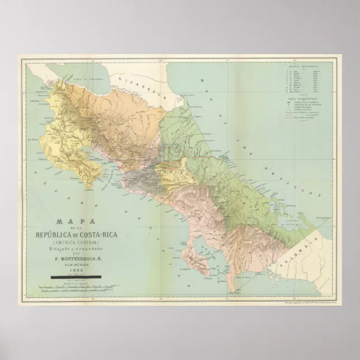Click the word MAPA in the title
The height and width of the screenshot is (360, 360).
click(75, 221)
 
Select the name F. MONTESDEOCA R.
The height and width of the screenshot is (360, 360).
click(75, 258)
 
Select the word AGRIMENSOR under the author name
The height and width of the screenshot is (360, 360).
click(75, 264)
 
